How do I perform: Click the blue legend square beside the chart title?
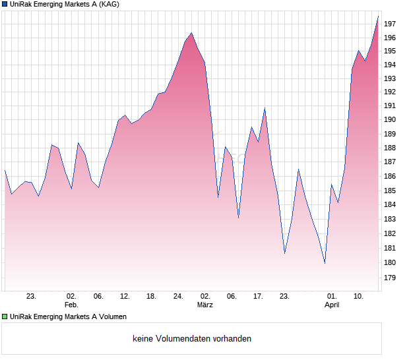(5, 5)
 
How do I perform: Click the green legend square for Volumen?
(5, 316)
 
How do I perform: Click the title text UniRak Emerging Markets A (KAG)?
(65, 5)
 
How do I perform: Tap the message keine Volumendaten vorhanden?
(192, 339)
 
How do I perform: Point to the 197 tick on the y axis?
(389, 24)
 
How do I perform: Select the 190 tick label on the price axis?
(389, 119)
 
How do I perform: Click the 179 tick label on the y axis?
(389, 278)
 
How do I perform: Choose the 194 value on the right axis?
(389, 65)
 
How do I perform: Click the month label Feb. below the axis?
(71, 305)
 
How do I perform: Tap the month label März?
(205, 305)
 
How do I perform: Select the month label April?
(332, 305)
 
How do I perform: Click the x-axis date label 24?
(178, 297)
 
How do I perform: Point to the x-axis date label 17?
(259, 297)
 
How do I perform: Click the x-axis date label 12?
(125, 297)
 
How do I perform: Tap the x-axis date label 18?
(151, 297)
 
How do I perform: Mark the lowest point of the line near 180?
(325, 263)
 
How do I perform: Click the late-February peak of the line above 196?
(191, 33)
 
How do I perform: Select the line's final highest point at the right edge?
(378, 16)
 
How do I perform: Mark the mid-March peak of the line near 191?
(265, 109)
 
